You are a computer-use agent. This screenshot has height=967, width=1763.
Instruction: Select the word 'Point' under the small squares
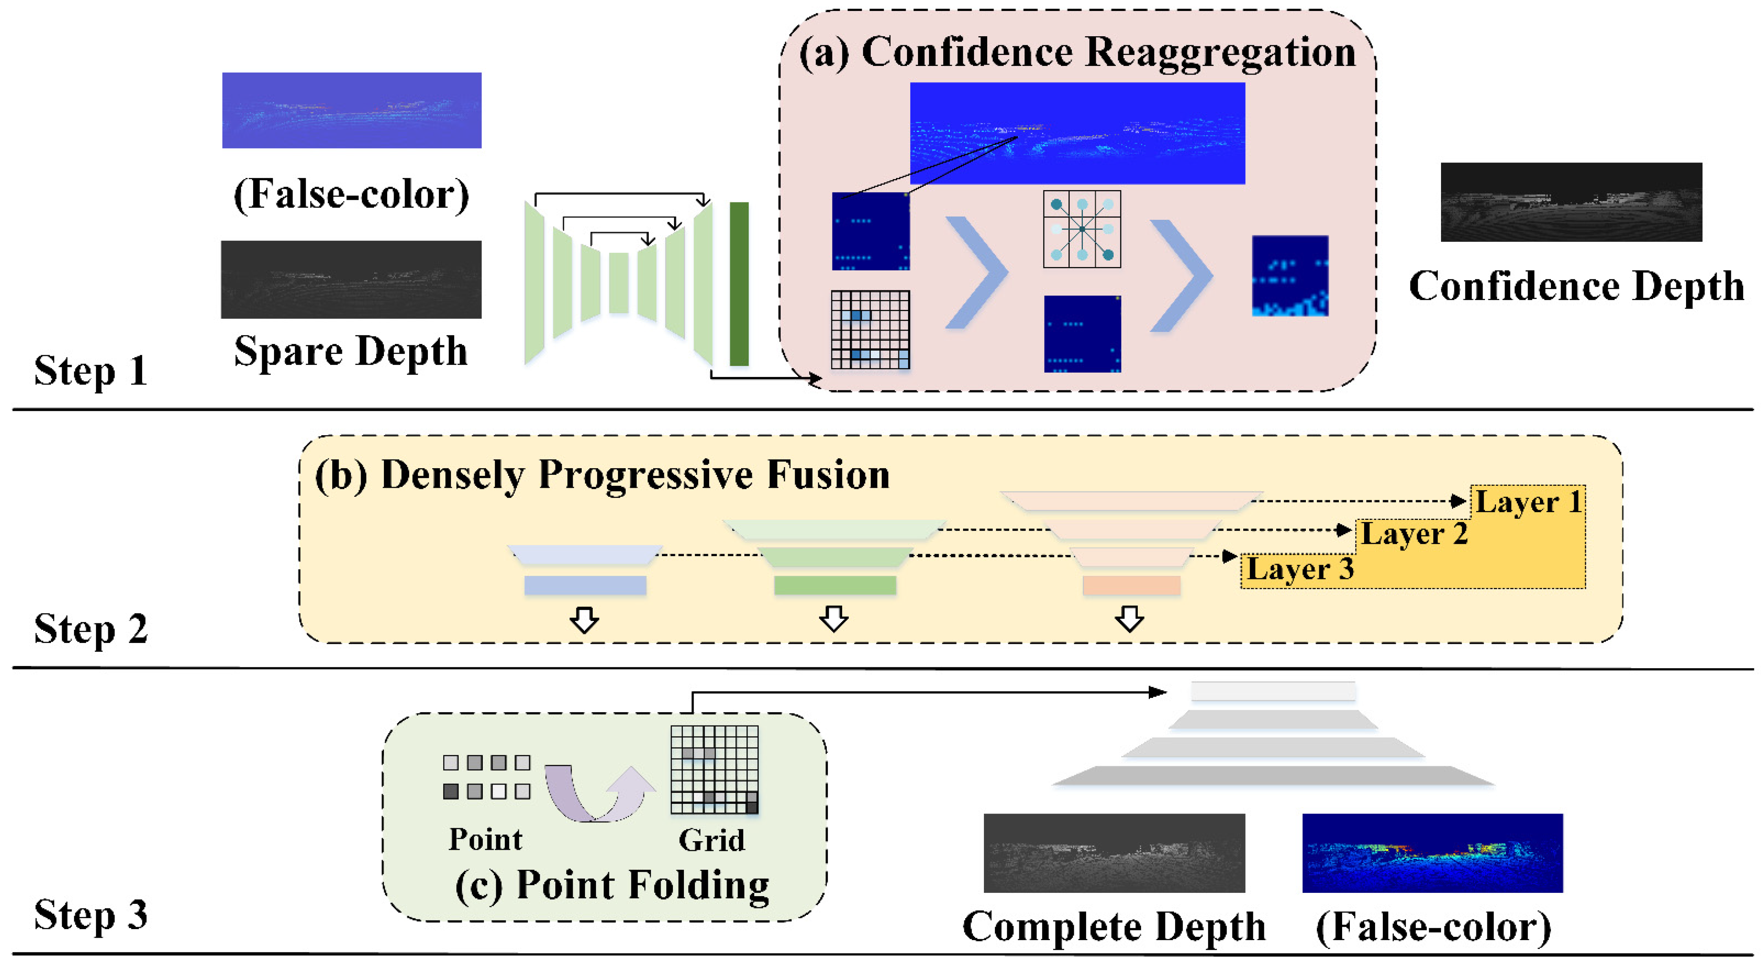pos(485,840)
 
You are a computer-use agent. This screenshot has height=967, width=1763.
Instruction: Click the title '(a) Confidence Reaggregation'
pos(1077,52)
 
